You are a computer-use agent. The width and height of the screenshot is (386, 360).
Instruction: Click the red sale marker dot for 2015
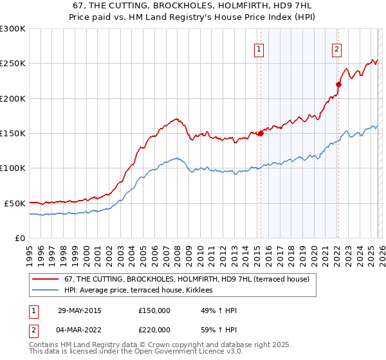coord(261,134)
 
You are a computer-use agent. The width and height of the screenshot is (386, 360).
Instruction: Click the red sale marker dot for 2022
coord(338,84)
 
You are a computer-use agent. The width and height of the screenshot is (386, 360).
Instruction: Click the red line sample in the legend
coord(46,280)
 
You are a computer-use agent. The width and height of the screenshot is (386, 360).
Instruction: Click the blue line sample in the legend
coord(46,291)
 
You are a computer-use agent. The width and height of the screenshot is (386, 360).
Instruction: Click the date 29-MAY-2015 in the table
coord(79,310)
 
